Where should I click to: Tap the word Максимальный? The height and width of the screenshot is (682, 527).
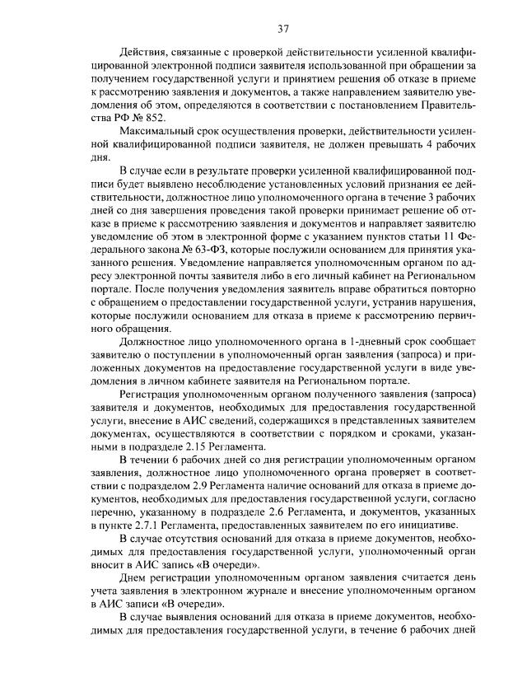(156, 132)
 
